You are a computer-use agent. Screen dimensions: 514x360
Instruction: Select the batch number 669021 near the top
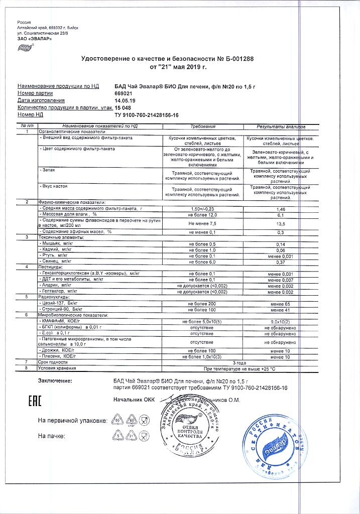pyautogui.click(x=124, y=93)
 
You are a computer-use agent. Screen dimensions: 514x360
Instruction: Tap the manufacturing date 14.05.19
pyautogui.click(x=125, y=100)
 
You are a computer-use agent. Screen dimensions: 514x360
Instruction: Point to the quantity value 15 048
pyautogui.click(x=124, y=107)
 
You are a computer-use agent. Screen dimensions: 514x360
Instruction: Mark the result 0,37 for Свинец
pyautogui.click(x=281, y=262)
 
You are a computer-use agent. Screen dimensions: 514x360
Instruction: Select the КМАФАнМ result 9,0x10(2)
pyautogui.click(x=281, y=321)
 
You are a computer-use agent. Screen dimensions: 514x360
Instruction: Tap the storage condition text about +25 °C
pyautogui.click(x=242, y=368)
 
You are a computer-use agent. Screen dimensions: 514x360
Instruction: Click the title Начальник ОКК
pyautogui.click(x=134, y=400)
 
